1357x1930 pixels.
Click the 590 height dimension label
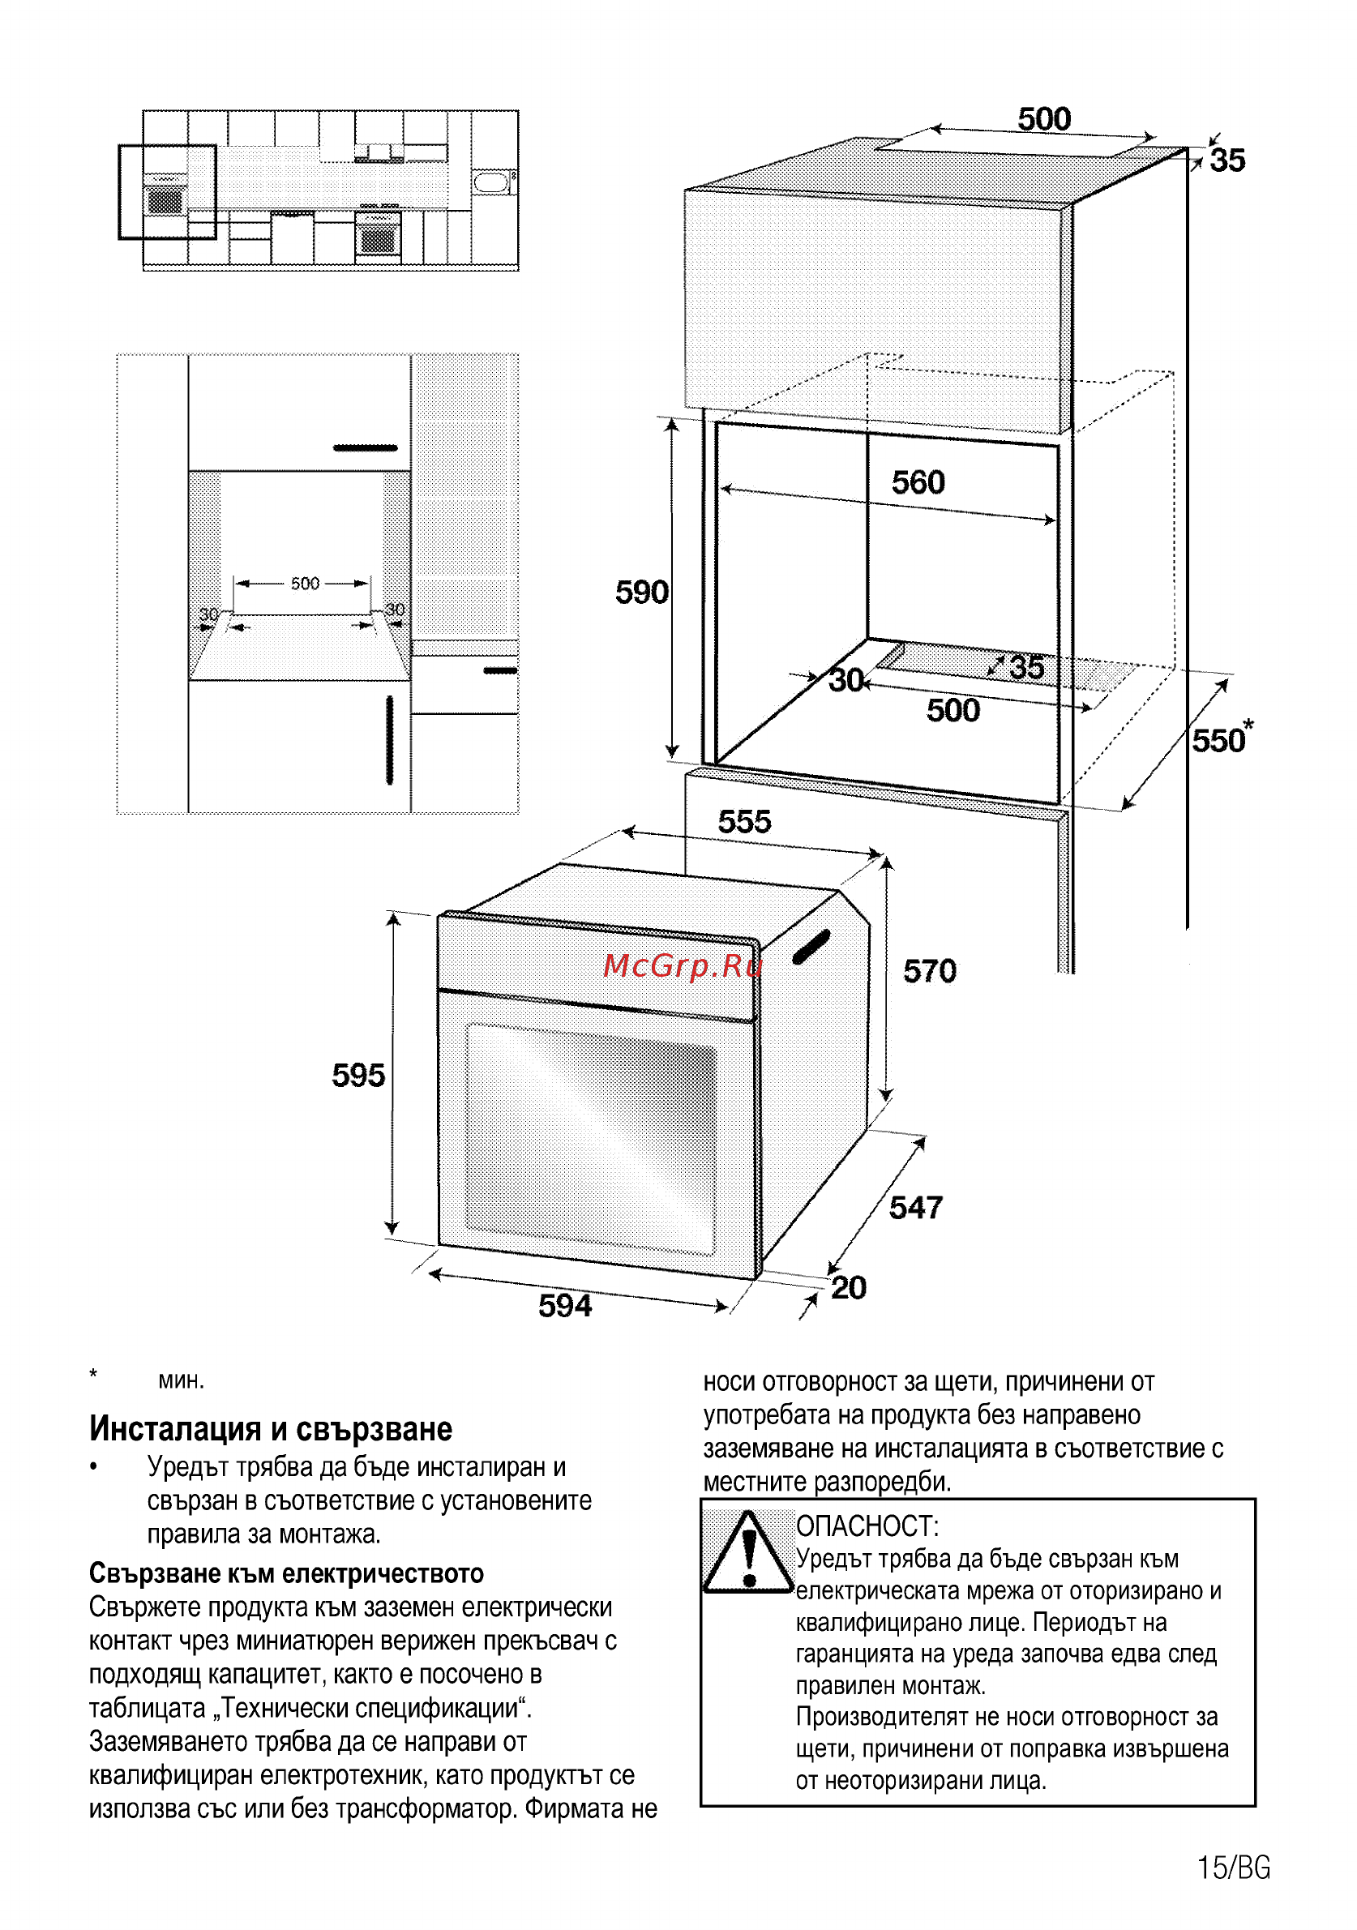click(x=641, y=593)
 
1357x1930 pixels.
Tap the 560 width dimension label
click(x=918, y=482)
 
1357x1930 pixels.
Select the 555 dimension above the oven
click(x=744, y=821)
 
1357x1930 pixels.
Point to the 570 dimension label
click(x=930, y=971)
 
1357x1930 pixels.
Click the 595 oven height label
click(x=358, y=1075)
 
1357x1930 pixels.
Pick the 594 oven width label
click(x=565, y=1305)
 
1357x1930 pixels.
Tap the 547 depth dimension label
click(x=915, y=1208)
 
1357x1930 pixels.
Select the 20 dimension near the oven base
click(x=849, y=1288)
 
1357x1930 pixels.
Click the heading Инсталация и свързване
click(x=271, y=1429)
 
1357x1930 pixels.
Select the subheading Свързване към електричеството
click(x=287, y=1573)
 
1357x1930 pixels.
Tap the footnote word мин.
click(x=182, y=1381)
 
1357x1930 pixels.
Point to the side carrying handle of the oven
click(x=811, y=947)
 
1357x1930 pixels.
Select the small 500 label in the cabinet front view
click(x=305, y=584)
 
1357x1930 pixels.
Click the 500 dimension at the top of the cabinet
click(x=1044, y=118)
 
